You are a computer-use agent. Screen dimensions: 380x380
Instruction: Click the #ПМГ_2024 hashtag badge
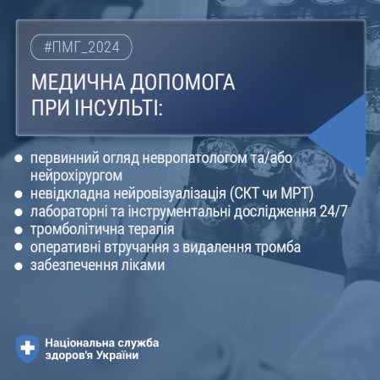coord(81,47)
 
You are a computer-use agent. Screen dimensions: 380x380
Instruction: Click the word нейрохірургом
coord(76,176)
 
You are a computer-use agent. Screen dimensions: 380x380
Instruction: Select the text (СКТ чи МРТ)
coord(272,193)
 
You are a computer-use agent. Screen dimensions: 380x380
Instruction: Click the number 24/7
coord(334,212)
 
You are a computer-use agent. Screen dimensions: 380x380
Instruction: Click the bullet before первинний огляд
coord(19,158)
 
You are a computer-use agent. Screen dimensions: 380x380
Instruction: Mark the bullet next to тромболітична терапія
coord(19,231)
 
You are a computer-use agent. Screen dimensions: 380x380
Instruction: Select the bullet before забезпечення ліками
coord(19,266)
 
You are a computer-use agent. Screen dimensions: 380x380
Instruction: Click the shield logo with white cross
coord(27,350)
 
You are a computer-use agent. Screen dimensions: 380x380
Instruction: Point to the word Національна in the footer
coord(80,343)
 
